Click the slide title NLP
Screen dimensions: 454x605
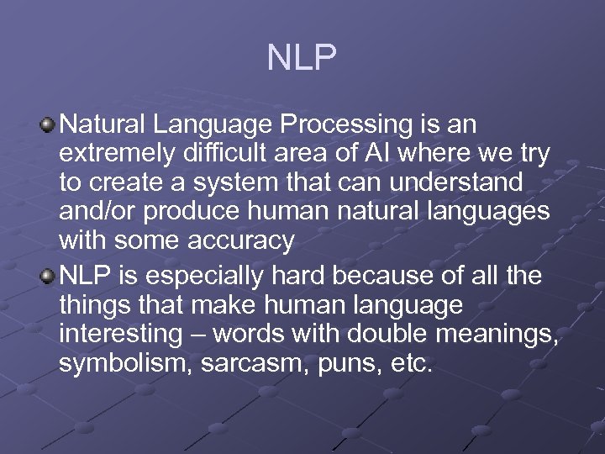click(x=302, y=58)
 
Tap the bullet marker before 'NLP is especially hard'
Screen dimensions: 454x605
click(x=49, y=276)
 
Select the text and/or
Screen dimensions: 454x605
click(x=92, y=212)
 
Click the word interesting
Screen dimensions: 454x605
click(x=119, y=334)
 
